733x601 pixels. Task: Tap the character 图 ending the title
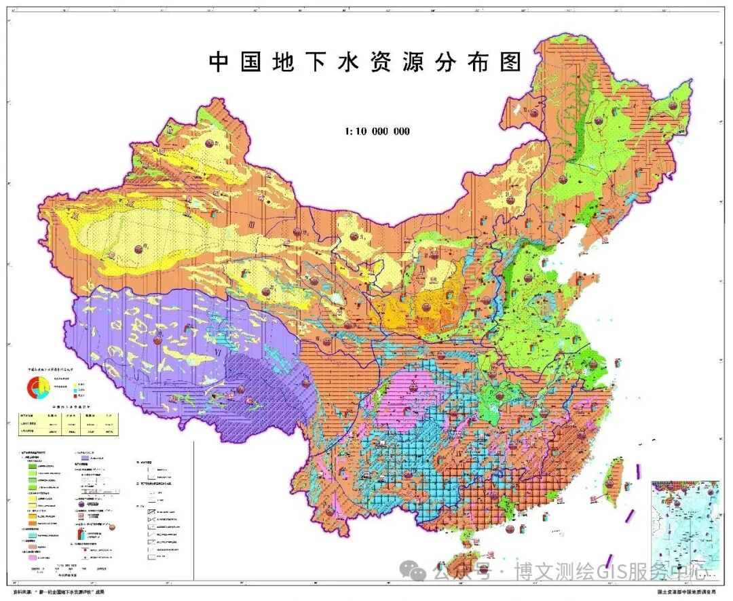511,62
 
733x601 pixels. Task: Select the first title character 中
219,62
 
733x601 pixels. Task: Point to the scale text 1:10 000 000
377,131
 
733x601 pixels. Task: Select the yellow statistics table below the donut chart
62,423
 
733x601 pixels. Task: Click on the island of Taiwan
614,479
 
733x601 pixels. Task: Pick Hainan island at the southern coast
470,541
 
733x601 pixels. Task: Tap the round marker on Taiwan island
614,484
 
